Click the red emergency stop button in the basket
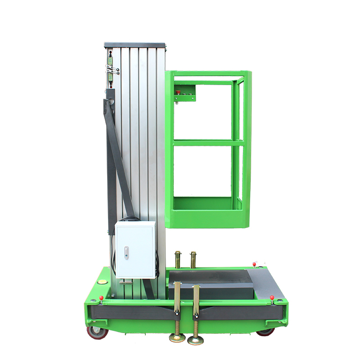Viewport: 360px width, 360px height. pyautogui.click(x=178, y=93)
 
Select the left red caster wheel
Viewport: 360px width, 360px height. pyautogui.click(x=97, y=332)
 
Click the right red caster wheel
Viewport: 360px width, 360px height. pyautogui.click(x=265, y=332)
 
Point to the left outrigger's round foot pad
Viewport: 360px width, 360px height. pyautogui.click(x=177, y=338)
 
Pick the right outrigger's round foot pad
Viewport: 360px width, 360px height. pyautogui.click(x=195, y=339)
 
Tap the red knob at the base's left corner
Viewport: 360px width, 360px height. pyautogui.click(x=101, y=297)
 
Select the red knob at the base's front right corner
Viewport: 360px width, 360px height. pyautogui.click(x=272, y=297)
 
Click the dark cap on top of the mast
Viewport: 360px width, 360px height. pyautogui.click(x=135, y=45)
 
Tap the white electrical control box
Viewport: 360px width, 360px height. pyautogui.click(x=135, y=250)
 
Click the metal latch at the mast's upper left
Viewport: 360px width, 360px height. pyautogui.click(x=112, y=69)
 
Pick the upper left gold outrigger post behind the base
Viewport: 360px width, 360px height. pyautogui.click(x=178, y=260)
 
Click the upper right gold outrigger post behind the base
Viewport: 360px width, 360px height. pyautogui.click(x=193, y=260)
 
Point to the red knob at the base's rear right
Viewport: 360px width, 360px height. pyautogui.click(x=254, y=264)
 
